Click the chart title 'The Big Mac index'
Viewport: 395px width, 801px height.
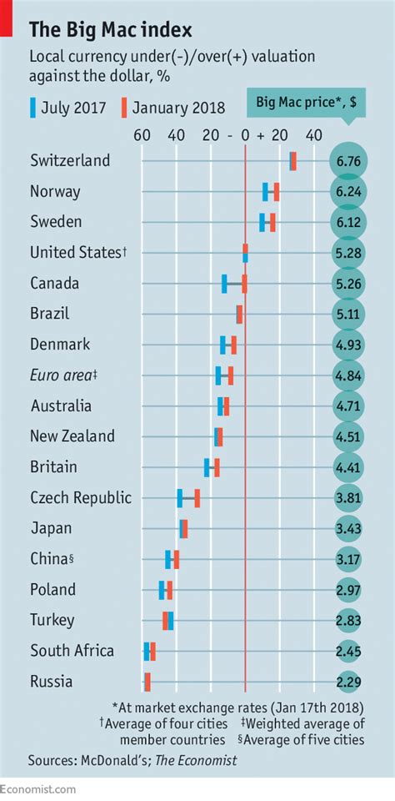[x=111, y=31]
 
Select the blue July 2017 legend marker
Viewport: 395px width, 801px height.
[x=33, y=108]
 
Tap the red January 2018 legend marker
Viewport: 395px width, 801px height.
[x=122, y=108]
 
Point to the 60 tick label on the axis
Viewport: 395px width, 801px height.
[x=142, y=135]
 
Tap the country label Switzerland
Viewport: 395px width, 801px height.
[x=69, y=161]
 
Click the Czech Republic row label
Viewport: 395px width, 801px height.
[x=80, y=498]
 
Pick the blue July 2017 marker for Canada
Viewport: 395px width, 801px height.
[x=224, y=284]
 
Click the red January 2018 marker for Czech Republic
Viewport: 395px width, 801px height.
[x=197, y=498]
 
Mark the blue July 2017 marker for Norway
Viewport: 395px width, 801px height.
[x=265, y=192]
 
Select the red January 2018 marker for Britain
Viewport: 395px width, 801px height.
[x=217, y=467]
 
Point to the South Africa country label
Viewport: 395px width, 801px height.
[x=72, y=651]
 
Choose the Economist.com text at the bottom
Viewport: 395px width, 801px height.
[x=38, y=789]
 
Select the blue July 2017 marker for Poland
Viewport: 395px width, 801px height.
[x=162, y=590]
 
